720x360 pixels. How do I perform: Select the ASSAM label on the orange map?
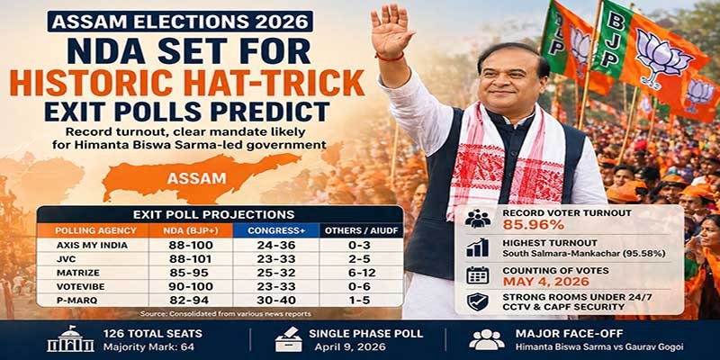[195, 178]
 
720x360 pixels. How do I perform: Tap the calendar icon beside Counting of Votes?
[478, 274]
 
